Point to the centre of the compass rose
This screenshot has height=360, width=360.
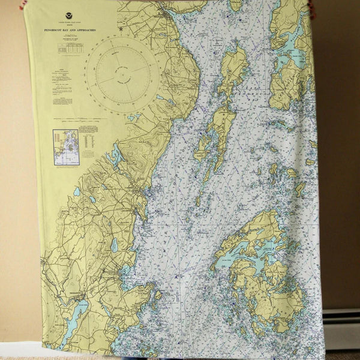point(124,74)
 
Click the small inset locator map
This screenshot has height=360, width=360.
point(65,147)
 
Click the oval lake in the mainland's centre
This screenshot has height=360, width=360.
point(114,245)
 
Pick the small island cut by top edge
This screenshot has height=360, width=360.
point(236,5)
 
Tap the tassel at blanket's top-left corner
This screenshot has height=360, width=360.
point(23,4)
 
